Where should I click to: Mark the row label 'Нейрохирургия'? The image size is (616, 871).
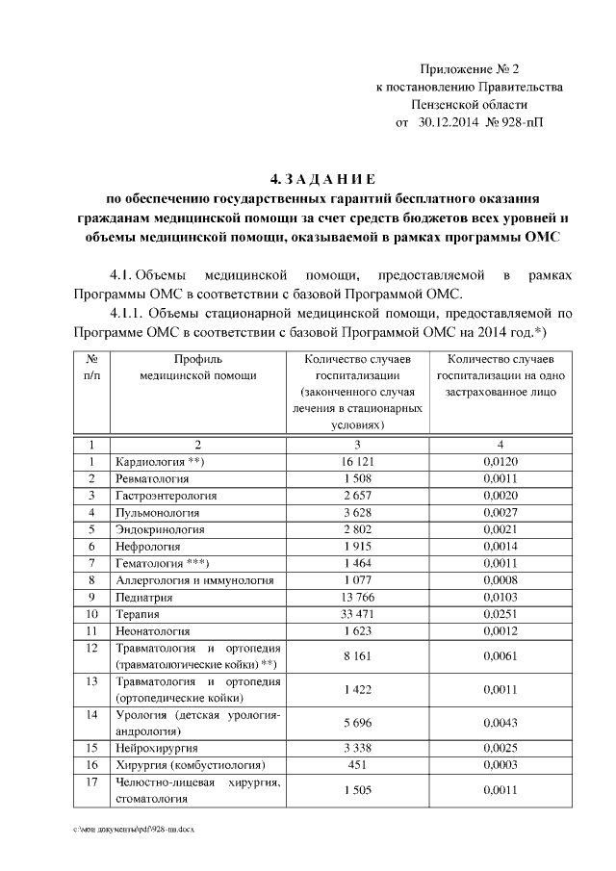(157, 748)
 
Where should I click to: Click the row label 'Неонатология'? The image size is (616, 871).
(151, 630)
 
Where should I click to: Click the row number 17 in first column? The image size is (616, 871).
(91, 782)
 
